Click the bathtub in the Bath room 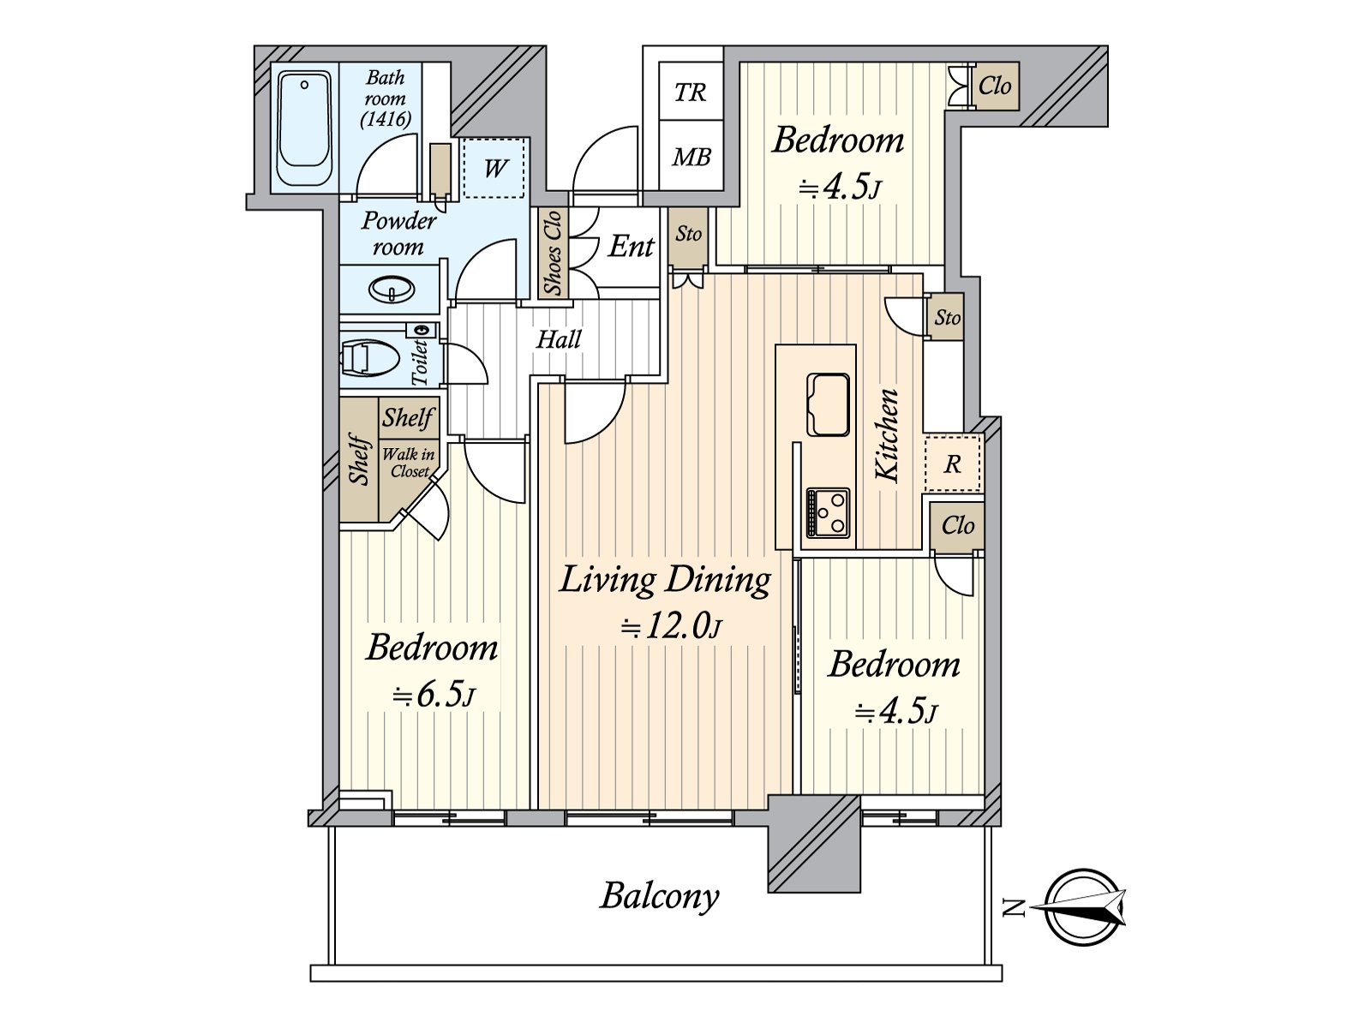(x=304, y=129)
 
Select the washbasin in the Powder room (x=392, y=290)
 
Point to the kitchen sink (x=828, y=403)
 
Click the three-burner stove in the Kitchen (x=828, y=511)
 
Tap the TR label (x=690, y=93)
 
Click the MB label (x=691, y=158)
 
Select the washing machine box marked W (x=494, y=168)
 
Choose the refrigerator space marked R (x=953, y=463)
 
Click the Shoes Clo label (x=554, y=252)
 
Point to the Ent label (x=631, y=247)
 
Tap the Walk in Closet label (x=410, y=463)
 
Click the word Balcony (x=660, y=898)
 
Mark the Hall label (x=559, y=339)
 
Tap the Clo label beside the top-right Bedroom (x=994, y=86)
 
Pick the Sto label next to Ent (x=688, y=234)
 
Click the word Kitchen (x=887, y=436)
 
